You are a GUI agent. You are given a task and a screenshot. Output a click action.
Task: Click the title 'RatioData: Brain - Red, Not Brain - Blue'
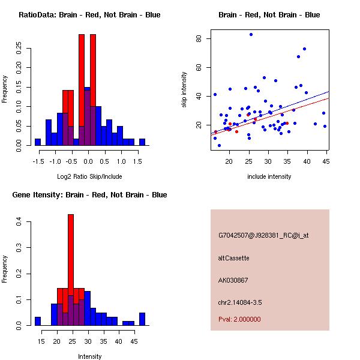(x=89, y=15)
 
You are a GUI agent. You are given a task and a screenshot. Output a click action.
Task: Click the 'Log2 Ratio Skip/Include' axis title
(x=89, y=176)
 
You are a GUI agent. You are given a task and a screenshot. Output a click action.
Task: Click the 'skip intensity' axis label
(x=184, y=90)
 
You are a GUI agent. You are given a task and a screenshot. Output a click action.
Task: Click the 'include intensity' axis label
(x=269, y=176)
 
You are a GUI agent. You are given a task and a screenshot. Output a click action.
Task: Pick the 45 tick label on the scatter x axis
(x=326, y=161)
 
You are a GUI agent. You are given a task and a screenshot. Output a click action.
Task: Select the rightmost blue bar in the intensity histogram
(x=142, y=319)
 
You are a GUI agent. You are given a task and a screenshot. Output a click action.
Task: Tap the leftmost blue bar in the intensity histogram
(x=38, y=321)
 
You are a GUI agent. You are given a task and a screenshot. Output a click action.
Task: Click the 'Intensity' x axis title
(x=89, y=356)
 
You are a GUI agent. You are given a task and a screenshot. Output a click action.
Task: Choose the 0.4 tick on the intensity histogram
(x=19, y=222)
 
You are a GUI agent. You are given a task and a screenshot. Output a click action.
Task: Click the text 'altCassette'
(x=233, y=258)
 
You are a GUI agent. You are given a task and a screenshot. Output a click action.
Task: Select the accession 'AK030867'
(x=233, y=280)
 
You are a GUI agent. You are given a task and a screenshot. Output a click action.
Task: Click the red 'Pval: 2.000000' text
(x=239, y=319)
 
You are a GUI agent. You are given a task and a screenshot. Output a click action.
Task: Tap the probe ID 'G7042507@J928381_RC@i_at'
(x=263, y=236)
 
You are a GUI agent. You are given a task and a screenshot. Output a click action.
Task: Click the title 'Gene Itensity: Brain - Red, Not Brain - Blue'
(x=89, y=195)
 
